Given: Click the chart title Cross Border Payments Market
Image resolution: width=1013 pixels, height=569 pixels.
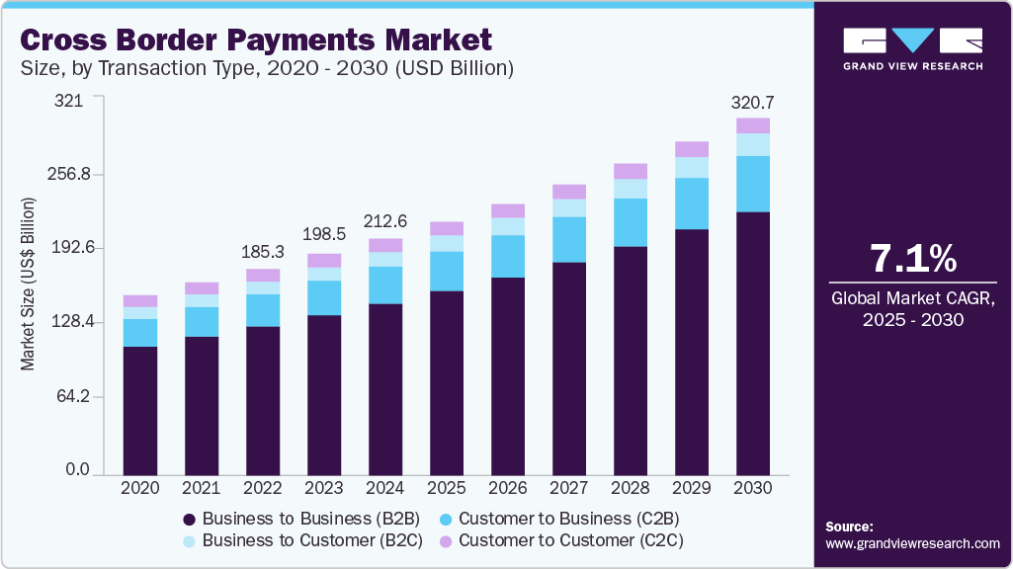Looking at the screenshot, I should [255, 40].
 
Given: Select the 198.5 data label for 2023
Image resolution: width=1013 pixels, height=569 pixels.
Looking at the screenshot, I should [323, 237].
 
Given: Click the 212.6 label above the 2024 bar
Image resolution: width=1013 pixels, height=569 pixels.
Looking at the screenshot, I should [385, 222].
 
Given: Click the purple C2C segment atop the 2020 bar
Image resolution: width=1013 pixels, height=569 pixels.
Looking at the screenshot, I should [139, 300].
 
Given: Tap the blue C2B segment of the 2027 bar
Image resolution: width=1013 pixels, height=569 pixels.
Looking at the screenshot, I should [568, 239].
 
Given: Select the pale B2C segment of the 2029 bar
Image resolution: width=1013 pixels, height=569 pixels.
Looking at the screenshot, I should [692, 167].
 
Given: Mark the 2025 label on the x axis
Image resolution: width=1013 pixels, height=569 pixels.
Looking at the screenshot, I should [447, 488].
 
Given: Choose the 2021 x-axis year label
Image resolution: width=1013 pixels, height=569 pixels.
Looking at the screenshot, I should [201, 488].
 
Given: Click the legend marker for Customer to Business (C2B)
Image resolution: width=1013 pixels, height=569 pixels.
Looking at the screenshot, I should [446, 519].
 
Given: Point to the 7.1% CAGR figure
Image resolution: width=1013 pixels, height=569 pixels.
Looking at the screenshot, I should [912, 259].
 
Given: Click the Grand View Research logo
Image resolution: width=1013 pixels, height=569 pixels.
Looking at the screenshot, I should [912, 48].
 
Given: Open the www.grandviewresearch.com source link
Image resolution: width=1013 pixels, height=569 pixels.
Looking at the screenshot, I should [912, 543].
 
